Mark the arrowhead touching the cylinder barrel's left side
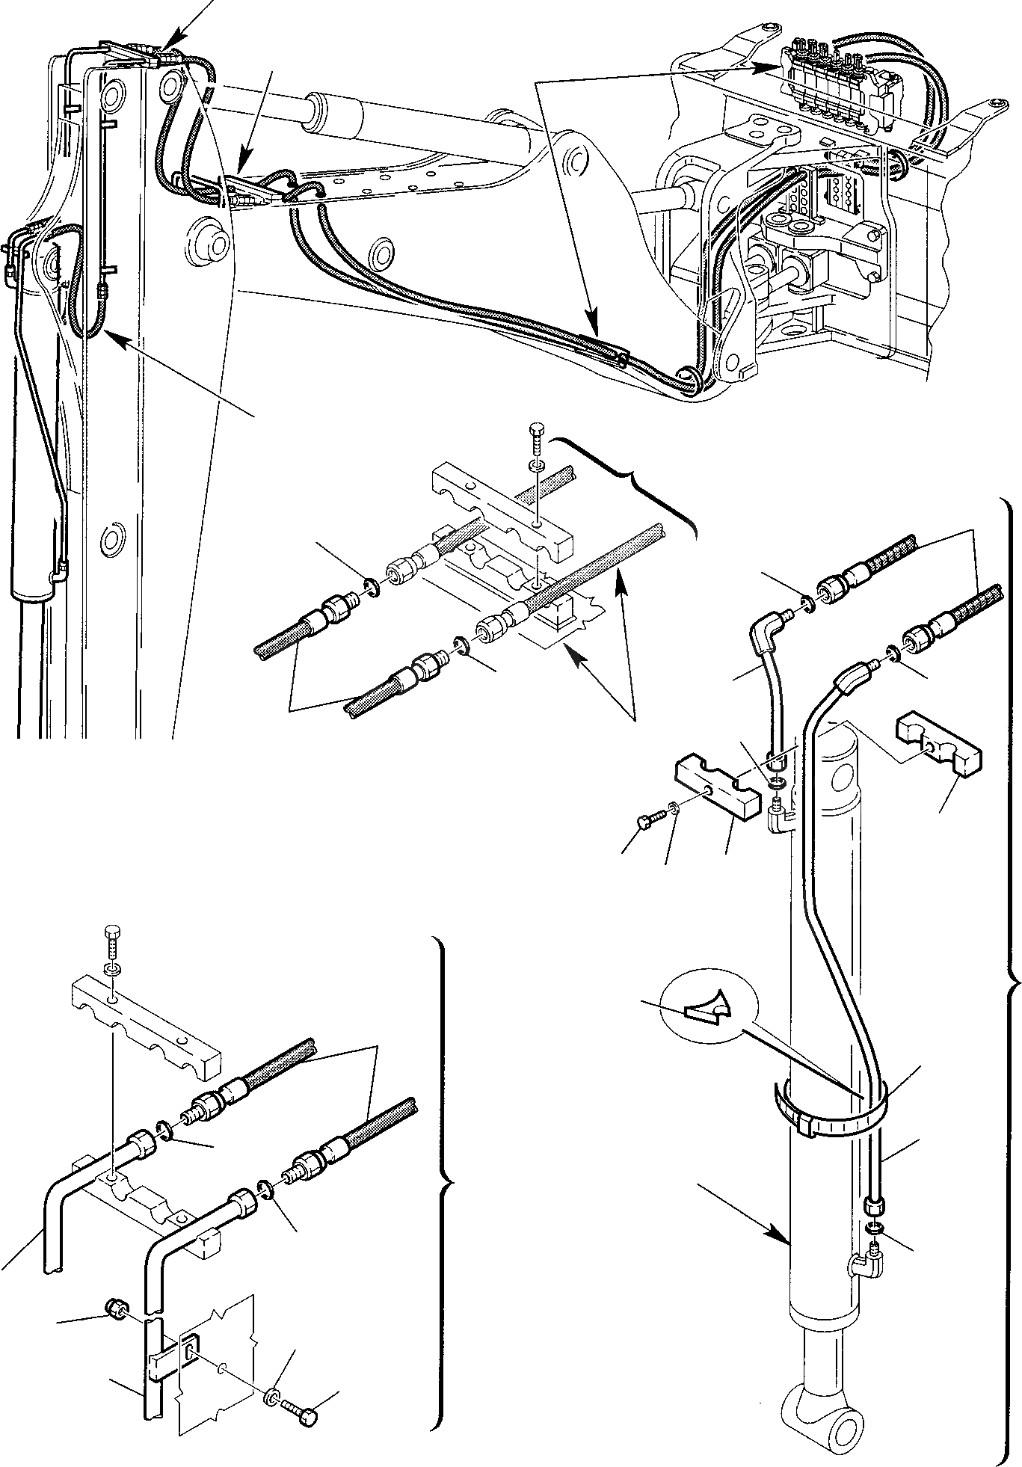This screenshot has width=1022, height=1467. click(x=785, y=1236)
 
